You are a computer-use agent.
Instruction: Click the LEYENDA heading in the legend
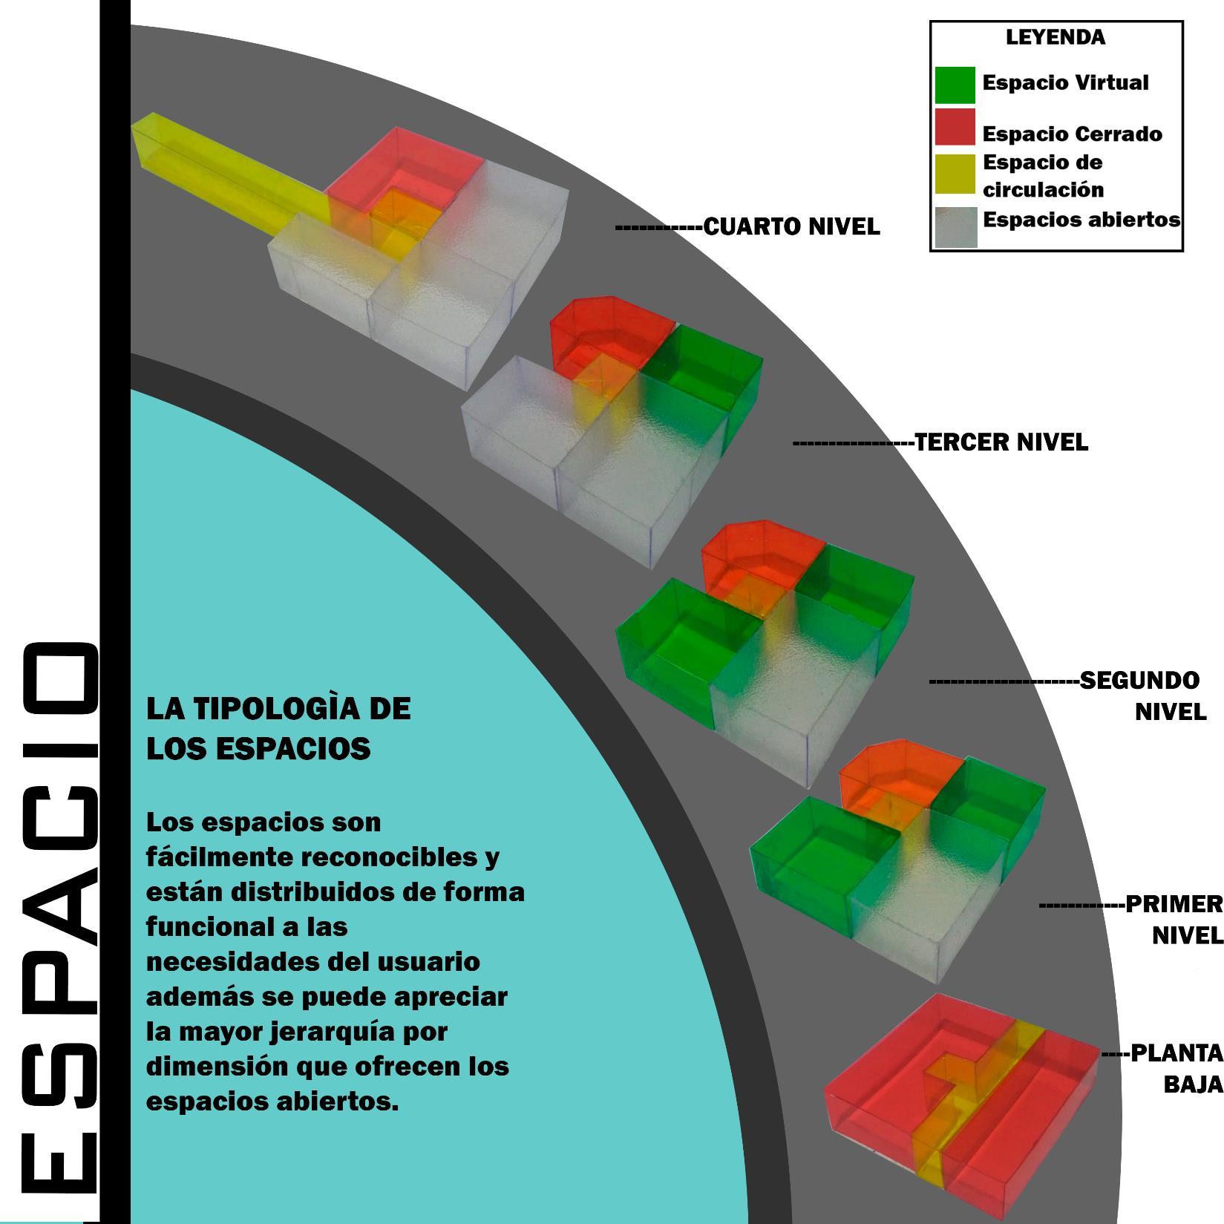[1055, 37]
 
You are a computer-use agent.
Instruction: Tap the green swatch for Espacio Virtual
[955, 85]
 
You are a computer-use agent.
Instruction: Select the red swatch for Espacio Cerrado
[955, 127]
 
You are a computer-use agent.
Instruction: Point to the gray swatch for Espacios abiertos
[956, 226]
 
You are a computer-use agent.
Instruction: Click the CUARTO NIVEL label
[791, 226]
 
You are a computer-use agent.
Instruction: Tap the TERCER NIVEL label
[1001, 442]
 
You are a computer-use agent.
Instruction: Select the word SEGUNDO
[1139, 680]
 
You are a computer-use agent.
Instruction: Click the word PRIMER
[1174, 904]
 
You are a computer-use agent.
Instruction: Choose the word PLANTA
[1176, 1053]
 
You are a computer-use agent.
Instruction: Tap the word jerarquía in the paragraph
[312, 1032]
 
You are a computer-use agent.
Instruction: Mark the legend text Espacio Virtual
[1065, 82]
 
